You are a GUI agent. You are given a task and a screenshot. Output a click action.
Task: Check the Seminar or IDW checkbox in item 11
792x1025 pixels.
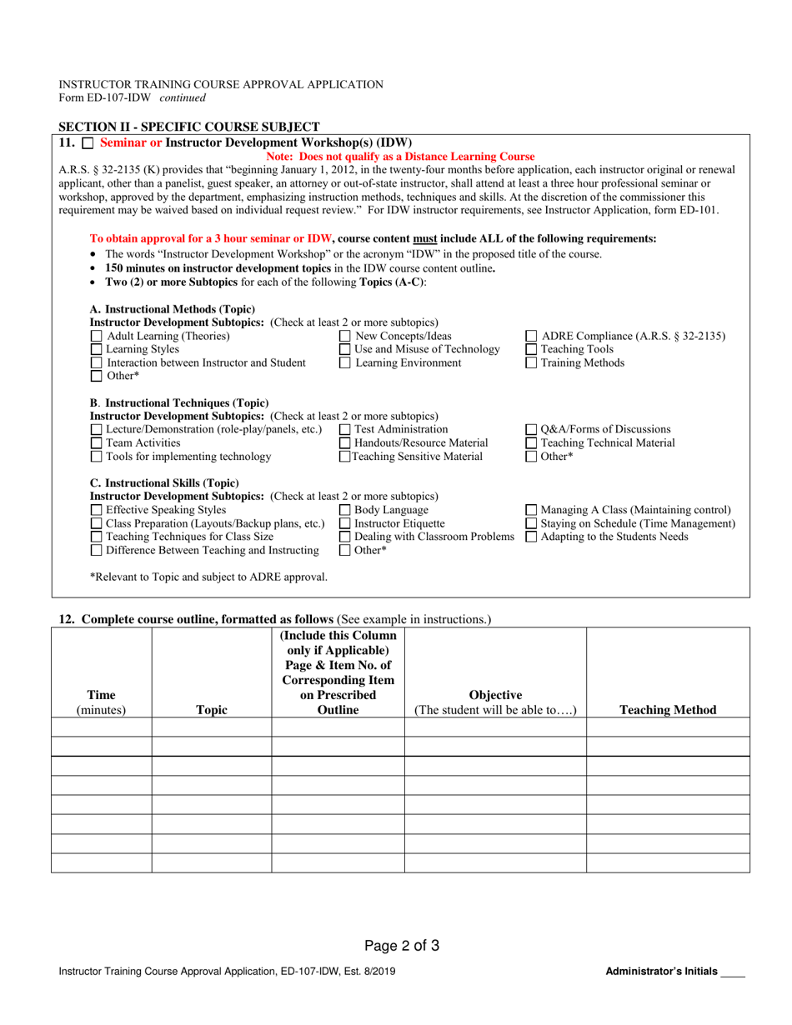[88, 144]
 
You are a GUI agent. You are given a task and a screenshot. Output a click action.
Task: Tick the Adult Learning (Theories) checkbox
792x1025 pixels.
[96, 337]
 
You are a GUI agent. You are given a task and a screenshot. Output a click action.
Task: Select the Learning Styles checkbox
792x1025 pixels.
[96, 350]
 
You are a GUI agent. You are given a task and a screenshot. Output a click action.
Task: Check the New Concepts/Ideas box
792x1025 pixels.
[345, 337]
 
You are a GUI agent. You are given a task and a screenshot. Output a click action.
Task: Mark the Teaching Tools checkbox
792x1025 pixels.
[531, 350]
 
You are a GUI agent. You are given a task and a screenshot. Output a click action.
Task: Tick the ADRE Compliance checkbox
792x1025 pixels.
[531, 337]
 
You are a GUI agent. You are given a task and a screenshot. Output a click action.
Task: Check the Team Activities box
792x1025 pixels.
[96, 443]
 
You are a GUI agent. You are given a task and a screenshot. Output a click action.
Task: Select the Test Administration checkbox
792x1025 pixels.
[345, 430]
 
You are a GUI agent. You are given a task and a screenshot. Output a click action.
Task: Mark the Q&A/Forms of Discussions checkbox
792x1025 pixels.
[531, 430]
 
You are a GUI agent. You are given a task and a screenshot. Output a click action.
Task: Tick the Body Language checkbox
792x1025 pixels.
[345, 510]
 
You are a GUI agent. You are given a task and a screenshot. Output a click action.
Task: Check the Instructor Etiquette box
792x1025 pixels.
[345, 523]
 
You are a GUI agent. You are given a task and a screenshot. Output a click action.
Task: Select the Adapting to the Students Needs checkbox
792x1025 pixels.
[531, 537]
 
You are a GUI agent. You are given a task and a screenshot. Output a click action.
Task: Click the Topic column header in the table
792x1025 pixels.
[211, 710]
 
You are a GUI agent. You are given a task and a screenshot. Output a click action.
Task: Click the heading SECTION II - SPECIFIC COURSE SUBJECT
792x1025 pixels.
[189, 127]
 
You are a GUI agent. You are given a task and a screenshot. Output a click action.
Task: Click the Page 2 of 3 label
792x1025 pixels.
[402, 946]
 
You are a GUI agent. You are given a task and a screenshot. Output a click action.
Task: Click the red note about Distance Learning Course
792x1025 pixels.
[400, 157]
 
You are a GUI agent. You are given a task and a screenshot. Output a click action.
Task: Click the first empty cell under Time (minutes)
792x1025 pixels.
[101, 727]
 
